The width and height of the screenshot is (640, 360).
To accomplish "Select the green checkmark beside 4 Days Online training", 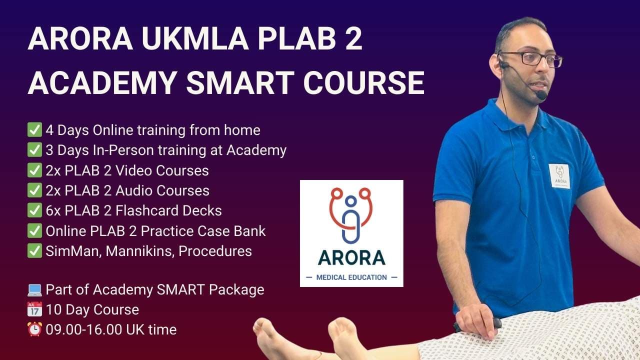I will click(34, 130).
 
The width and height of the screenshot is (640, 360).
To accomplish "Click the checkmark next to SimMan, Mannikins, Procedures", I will click(34, 250).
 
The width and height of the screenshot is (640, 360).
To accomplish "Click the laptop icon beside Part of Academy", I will click(34, 289).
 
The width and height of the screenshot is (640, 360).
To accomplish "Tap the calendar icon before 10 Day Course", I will click(34, 309).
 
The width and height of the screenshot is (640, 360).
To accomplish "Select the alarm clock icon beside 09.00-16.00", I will click(34, 329).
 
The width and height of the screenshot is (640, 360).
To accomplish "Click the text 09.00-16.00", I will click(86, 330).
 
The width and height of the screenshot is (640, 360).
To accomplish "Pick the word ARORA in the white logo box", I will click(351, 257).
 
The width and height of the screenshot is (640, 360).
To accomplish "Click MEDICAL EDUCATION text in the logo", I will click(351, 277).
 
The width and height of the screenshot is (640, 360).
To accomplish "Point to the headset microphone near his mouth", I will click(541, 94).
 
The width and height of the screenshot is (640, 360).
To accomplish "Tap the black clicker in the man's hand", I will click(480, 324).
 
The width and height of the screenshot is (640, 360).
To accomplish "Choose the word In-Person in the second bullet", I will click(115, 150).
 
